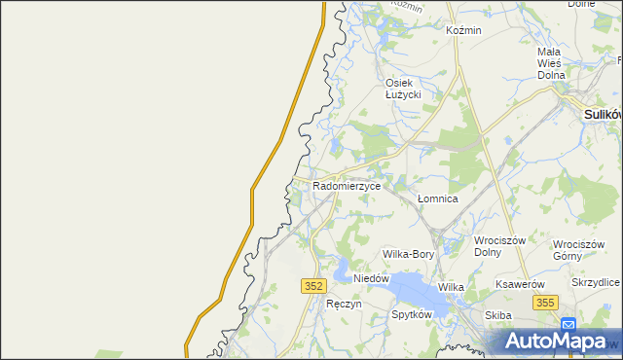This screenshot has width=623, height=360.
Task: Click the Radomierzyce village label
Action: pos(346,184)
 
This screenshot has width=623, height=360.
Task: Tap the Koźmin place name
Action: pos(463,30)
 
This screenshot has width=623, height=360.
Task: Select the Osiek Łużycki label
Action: pos(402,88)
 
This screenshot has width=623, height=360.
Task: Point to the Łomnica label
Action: pos(437,198)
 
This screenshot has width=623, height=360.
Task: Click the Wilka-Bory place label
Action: pos(409,254)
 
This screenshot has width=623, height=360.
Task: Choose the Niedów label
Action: pos(371,278)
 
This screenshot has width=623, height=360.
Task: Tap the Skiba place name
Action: pos(498,315)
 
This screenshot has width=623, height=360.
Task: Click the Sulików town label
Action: pos(603,114)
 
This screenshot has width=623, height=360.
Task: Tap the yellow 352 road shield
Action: pos(312,285)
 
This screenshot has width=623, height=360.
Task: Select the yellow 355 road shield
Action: pos(545,304)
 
